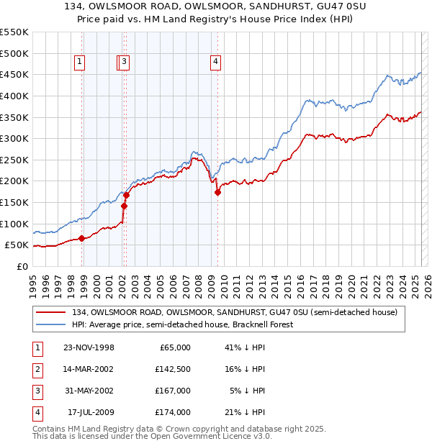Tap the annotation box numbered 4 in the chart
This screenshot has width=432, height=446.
[x=215, y=63]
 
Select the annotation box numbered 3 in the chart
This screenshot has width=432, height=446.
[x=125, y=63]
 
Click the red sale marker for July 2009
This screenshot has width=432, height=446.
[x=217, y=192]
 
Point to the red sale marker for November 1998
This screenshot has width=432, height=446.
[x=82, y=239]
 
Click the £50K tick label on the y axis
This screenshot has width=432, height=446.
[x=17, y=245]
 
